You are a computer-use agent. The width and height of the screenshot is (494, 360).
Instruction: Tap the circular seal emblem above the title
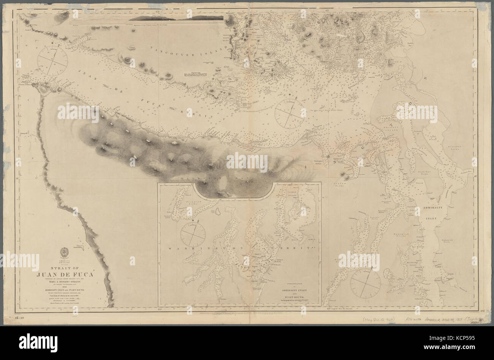point(65,252)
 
